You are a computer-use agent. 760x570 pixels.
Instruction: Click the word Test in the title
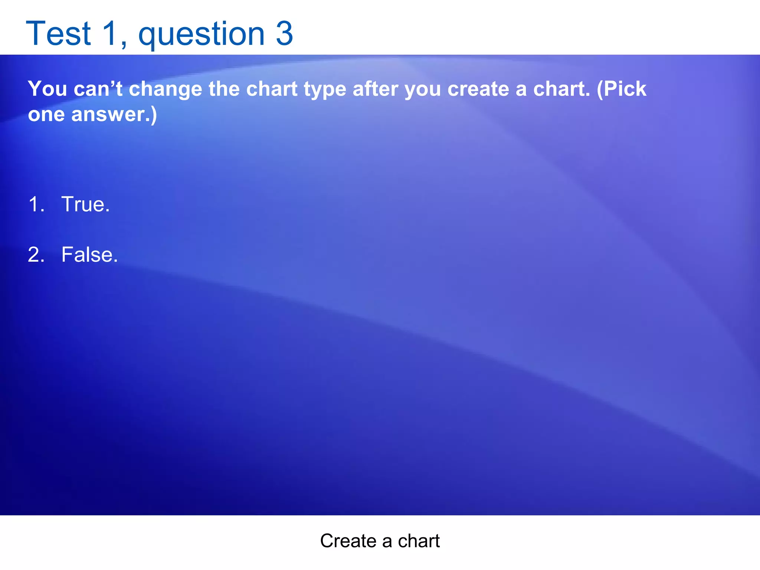[x=58, y=34]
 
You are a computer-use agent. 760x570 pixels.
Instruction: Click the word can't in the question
[x=98, y=89]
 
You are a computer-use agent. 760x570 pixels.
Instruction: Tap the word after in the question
[x=375, y=89]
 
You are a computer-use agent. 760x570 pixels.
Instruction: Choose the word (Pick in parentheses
[x=622, y=89]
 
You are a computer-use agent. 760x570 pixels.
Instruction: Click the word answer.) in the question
[x=114, y=115]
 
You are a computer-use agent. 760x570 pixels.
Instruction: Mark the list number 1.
[x=36, y=204]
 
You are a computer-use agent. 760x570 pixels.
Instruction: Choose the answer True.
[x=85, y=204]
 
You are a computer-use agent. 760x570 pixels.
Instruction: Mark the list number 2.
[x=36, y=255]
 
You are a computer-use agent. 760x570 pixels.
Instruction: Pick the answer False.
[x=89, y=255]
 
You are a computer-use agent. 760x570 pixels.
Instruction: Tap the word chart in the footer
[x=419, y=541]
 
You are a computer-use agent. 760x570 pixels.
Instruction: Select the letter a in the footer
[x=387, y=541]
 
